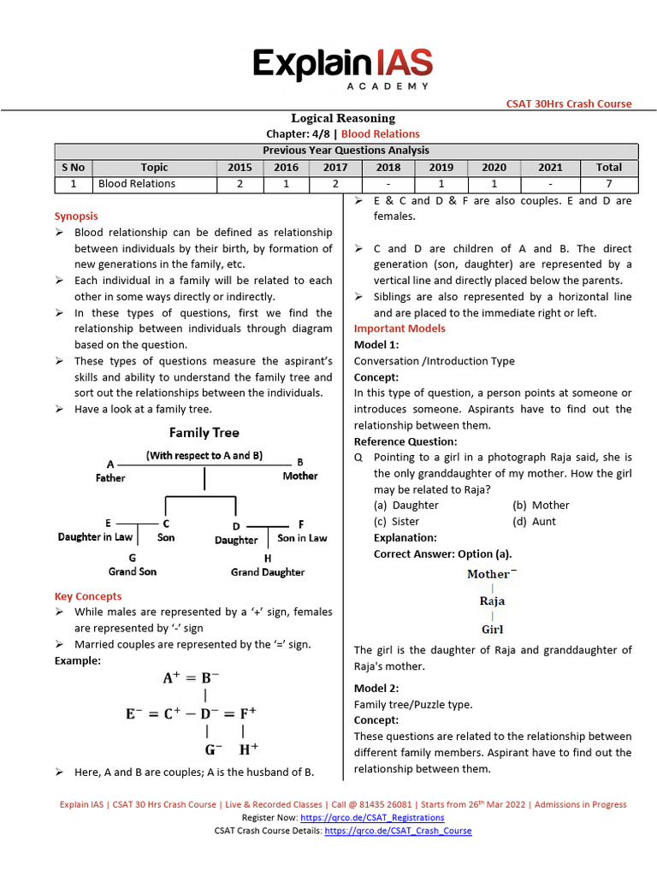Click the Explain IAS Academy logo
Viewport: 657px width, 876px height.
tap(342, 68)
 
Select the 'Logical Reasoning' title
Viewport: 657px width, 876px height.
tap(343, 118)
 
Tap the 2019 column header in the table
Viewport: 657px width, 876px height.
tap(441, 167)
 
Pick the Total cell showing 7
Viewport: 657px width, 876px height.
tap(608, 183)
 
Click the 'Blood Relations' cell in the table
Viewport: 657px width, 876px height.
tap(137, 183)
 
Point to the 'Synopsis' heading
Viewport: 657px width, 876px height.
tap(76, 216)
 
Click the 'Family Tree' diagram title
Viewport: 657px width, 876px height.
tap(204, 433)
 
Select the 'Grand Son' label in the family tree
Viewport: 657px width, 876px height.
tap(132, 571)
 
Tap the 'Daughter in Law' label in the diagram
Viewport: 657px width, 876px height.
tap(95, 536)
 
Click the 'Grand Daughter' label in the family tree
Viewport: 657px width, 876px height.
tap(268, 571)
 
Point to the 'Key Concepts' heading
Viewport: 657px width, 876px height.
tap(88, 596)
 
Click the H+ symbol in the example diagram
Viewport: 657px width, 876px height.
tap(247, 749)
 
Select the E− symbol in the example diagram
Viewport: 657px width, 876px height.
tap(134, 712)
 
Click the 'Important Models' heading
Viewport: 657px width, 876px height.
tap(400, 328)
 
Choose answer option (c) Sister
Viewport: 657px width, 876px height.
tap(396, 521)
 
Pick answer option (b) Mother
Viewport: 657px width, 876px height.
tap(541, 505)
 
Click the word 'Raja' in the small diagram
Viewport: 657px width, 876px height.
tap(492, 601)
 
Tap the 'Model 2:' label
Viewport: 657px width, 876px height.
tap(376, 688)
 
